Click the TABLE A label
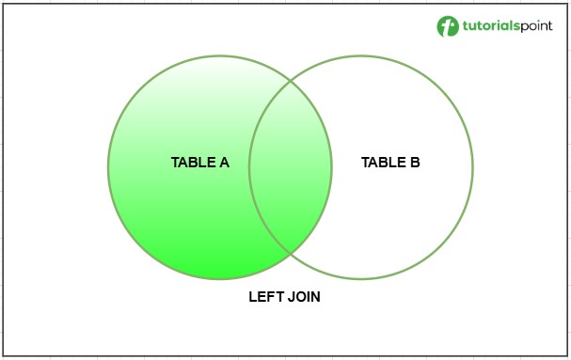point(199,163)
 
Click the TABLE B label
point(390,163)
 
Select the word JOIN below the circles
point(303,297)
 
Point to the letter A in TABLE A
point(224,163)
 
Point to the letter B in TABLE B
point(415,163)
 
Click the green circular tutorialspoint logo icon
point(447,26)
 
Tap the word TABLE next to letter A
point(192,163)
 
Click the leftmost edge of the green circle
point(108,167)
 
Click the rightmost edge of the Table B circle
point(472,167)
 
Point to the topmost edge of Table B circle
point(361,56)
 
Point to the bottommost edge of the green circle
point(220,279)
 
